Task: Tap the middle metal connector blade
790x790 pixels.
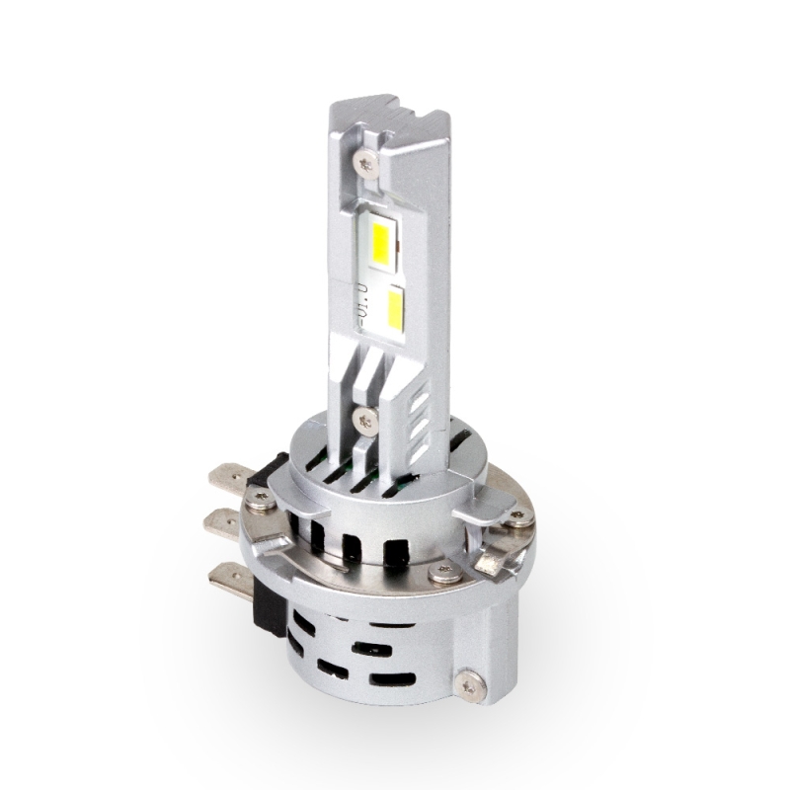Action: click(x=222, y=521)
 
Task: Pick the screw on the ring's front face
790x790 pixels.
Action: click(x=446, y=572)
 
